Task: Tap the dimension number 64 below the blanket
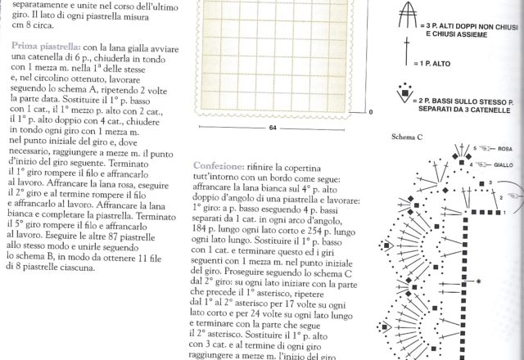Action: pyautogui.click(x=271, y=128)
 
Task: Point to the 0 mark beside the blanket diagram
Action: pyautogui.click(x=370, y=112)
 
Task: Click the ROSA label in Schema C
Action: pyautogui.click(x=504, y=149)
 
